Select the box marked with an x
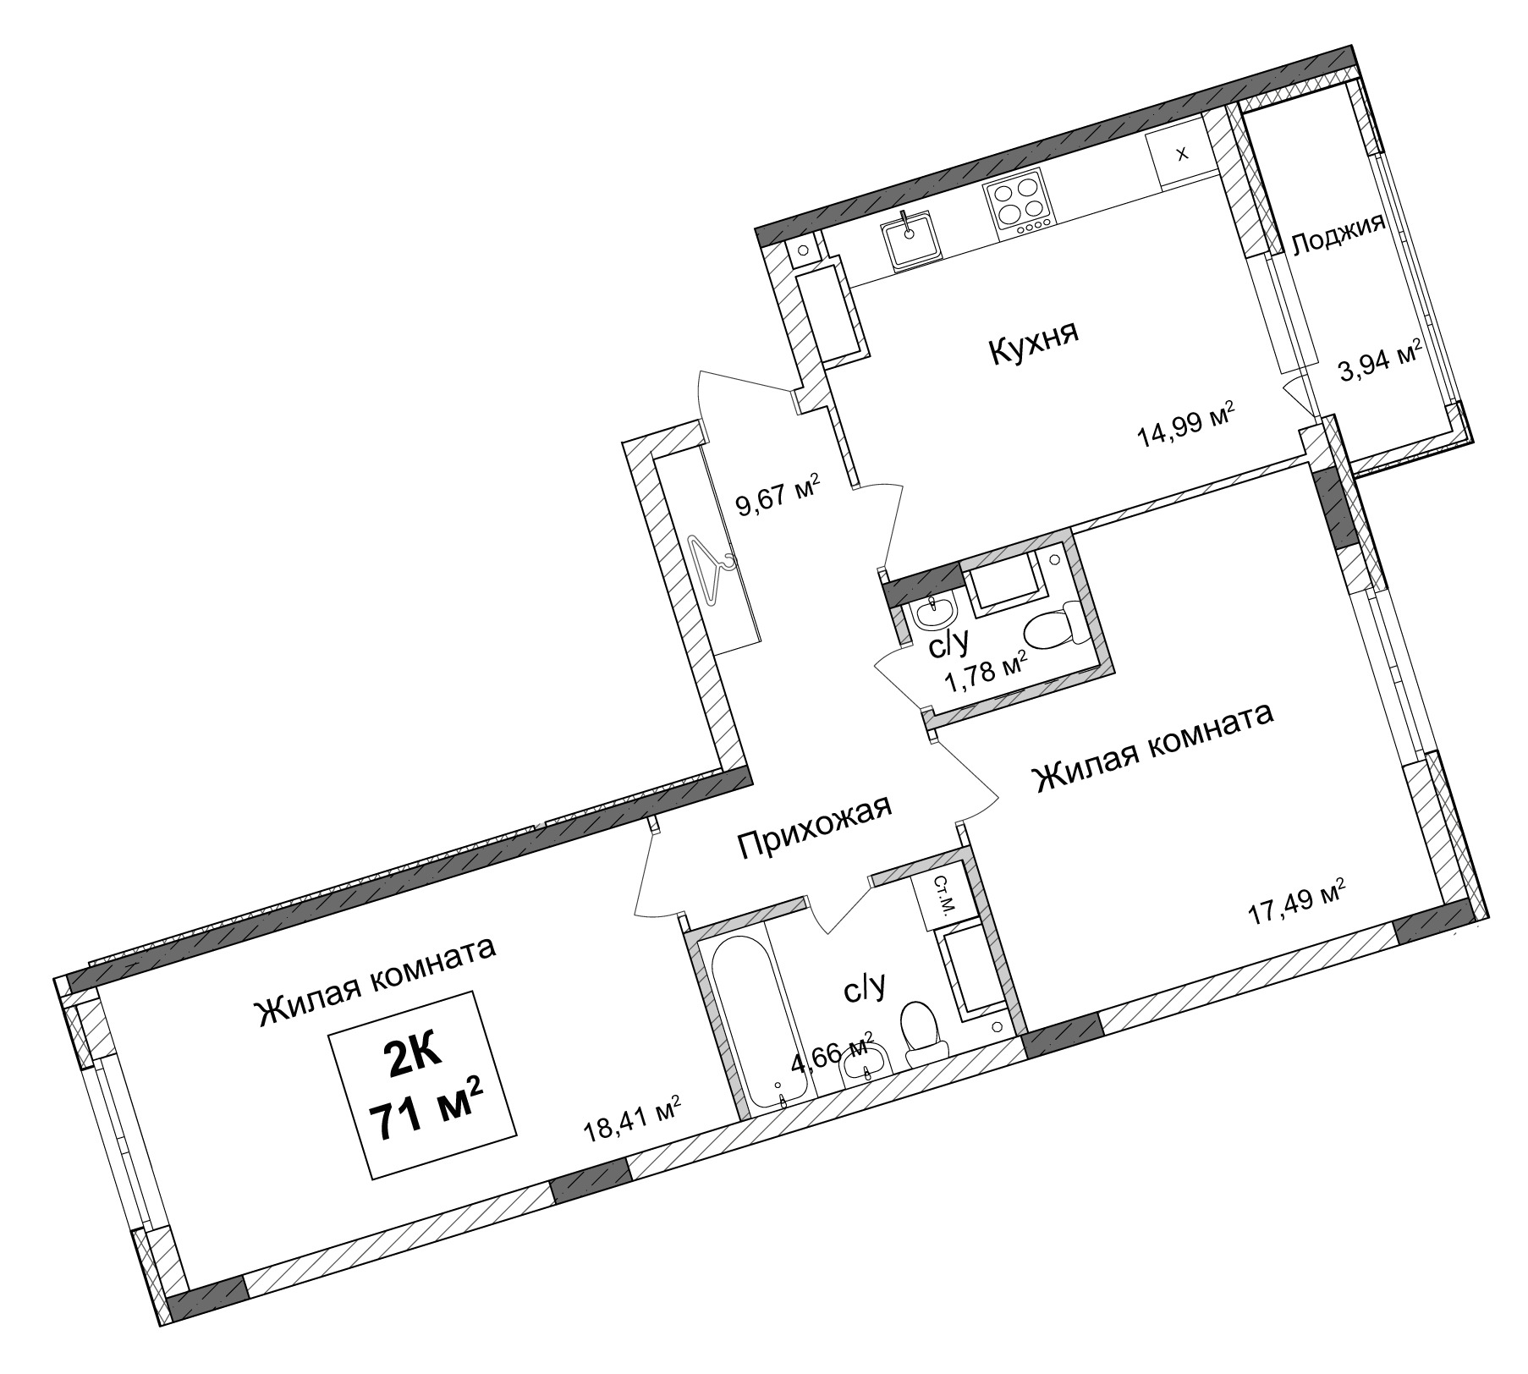pos(1180,155)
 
